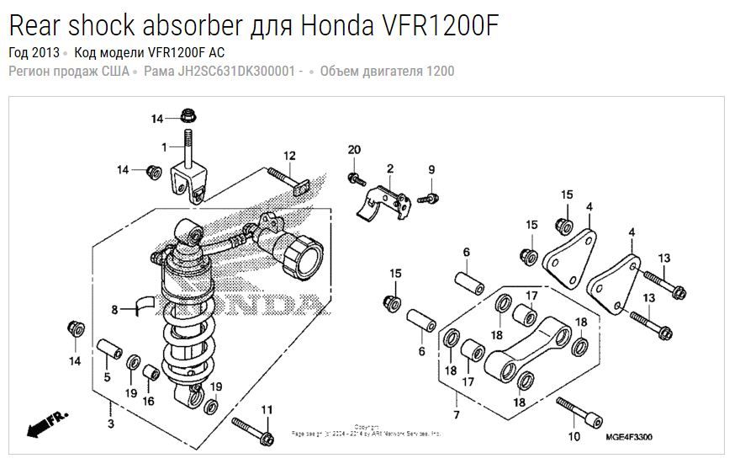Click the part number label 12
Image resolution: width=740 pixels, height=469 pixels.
[289, 156]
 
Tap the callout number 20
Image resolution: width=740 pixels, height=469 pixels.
[354, 150]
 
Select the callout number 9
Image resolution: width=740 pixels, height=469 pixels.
[431, 170]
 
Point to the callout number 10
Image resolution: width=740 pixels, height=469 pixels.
[574, 436]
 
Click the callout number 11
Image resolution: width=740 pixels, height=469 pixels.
[267, 410]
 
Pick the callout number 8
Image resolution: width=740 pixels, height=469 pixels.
[115, 310]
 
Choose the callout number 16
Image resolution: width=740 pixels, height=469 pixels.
[148, 401]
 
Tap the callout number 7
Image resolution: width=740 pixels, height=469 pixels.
[456, 415]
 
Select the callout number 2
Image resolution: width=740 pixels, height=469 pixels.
[390, 169]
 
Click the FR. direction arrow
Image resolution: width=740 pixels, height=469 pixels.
[46, 423]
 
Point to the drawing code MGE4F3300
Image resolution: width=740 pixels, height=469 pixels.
[629, 436]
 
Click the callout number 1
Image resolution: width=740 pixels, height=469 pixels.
[166, 147]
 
